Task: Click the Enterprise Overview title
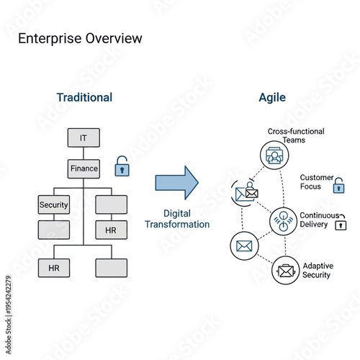(x=80, y=38)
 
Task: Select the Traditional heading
(x=84, y=97)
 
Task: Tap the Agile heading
(x=272, y=97)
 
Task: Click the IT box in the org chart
(x=84, y=138)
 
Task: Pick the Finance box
(x=84, y=168)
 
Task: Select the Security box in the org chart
(x=54, y=204)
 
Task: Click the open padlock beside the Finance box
(x=122, y=166)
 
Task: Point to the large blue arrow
(x=176, y=182)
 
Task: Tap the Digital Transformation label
(x=177, y=219)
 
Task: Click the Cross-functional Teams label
(x=295, y=135)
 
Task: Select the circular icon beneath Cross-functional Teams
(x=274, y=156)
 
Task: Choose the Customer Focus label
(x=317, y=181)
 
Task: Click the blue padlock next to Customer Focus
(x=338, y=186)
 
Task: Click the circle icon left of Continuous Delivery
(x=282, y=220)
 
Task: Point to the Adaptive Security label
(x=317, y=270)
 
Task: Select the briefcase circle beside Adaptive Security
(x=286, y=271)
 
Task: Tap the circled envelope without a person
(x=244, y=246)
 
